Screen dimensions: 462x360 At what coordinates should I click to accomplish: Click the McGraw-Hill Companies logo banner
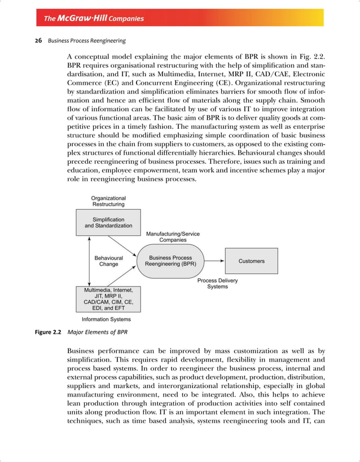(x=94, y=18)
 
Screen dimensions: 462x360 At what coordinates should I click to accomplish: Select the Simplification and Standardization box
(x=108, y=223)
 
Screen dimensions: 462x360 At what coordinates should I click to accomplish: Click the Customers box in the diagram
(x=251, y=261)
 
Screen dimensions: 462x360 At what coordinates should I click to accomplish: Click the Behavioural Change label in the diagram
(x=108, y=261)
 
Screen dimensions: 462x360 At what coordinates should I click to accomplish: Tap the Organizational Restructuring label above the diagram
(x=108, y=202)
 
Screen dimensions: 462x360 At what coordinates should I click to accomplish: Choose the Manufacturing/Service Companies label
(x=173, y=237)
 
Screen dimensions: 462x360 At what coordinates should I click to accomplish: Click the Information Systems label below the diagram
(x=107, y=319)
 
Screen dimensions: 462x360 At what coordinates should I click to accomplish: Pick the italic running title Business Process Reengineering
(x=86, y=41)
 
